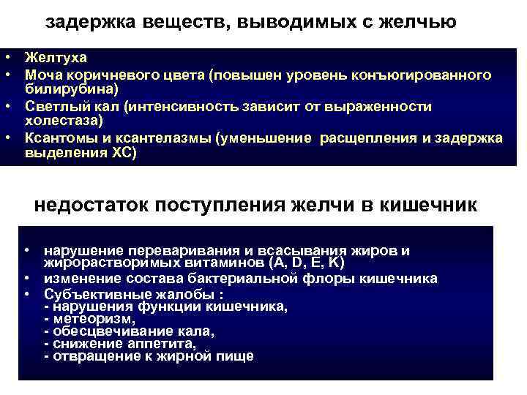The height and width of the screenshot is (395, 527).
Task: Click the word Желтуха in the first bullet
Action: pyautogui.click(x=56, y=57)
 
